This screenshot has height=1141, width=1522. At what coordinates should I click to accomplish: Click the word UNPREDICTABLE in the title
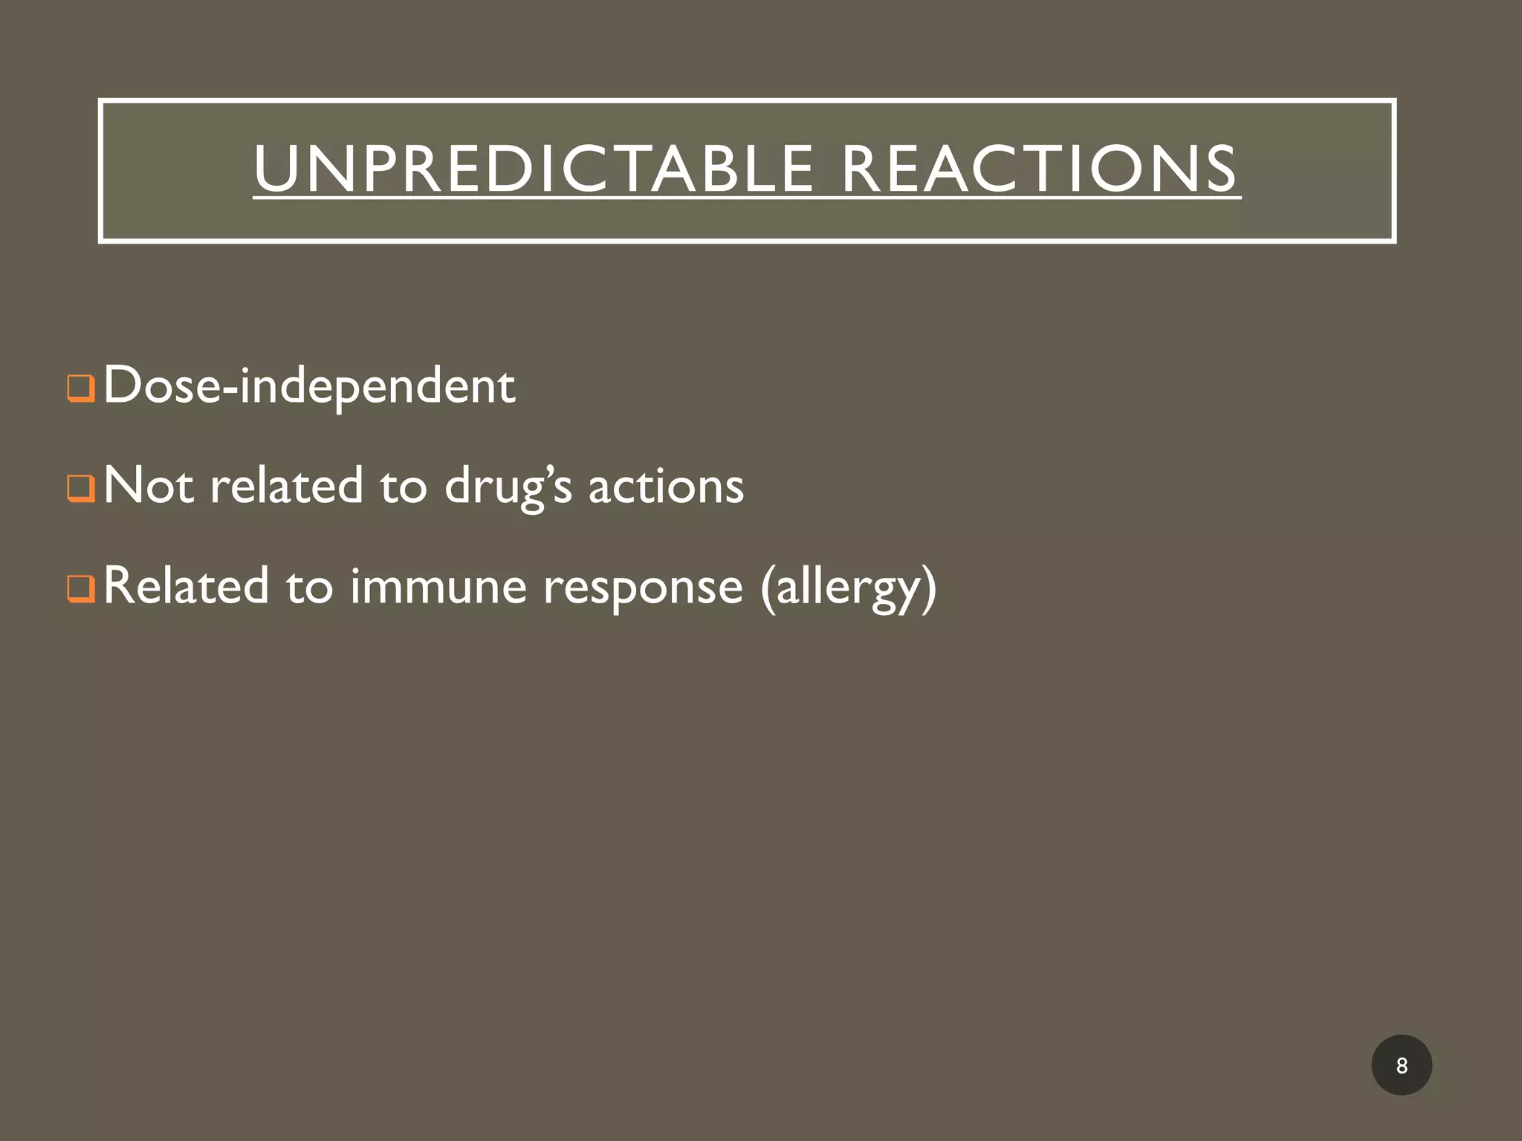tap(533, 169)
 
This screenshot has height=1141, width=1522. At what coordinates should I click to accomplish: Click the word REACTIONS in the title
tap(1039, 169)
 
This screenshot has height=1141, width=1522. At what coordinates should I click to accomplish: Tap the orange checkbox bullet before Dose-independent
tap(80, 388)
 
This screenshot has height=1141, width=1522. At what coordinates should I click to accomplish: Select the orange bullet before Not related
tap(80, 489)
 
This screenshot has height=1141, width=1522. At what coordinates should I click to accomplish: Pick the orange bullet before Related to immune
tap(80, 589)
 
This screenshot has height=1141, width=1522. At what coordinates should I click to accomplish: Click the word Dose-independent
tap(309, 386)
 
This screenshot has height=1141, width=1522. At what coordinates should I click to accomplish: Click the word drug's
tap(508, 487)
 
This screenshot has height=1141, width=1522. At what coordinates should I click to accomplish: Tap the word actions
tap(666, 487)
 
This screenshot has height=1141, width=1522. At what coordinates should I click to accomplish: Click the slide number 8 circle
tap(1401, 1065)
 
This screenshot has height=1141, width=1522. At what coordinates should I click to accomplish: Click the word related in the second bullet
tap(286, 486)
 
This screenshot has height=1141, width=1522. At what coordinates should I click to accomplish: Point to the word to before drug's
tap(404, 487)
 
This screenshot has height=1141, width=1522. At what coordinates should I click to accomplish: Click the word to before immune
tap(309, 587)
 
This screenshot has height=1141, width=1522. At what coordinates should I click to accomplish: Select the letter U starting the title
tap(276, 169)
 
